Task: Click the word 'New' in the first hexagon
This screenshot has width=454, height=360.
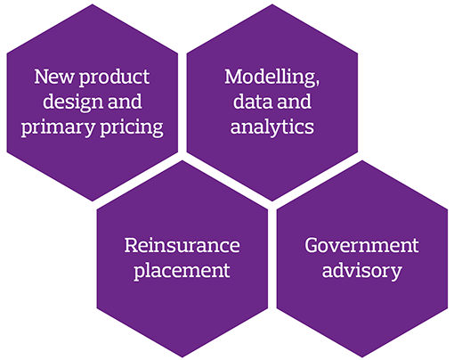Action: click(x=54, y=77)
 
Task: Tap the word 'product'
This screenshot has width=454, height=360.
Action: click(x=114, y=78)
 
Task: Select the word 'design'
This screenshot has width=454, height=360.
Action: click(x=73, y=102)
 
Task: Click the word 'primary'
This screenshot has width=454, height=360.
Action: click(x=58, y=128)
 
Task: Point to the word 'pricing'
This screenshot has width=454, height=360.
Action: click(x=132, y=128)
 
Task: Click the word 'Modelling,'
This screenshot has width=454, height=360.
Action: click(x=272, y=78)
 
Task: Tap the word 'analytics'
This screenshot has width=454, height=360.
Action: click(x=272, y=127)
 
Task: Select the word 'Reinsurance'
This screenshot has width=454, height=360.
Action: click(x=182, y=246)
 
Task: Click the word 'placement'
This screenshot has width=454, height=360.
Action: click(x=182, y=272)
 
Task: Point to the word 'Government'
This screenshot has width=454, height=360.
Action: click(x=361, y=246)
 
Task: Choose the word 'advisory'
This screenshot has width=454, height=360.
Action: click(x=362, y=272)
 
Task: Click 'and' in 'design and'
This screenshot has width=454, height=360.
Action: click(x=125, y=102)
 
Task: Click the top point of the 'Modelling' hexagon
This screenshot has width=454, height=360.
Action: click(x=272, y=4)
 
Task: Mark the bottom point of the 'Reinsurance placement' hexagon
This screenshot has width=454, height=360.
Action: click(x=182, y=357)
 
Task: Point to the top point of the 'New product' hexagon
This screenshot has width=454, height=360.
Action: click(x=93, y=4)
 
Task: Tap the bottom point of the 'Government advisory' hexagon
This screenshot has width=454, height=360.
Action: click(x=362, y=357)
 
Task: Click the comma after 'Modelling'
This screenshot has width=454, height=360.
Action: click(x=318, y=83)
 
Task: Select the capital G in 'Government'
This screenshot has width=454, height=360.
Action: click(x=312, y=246)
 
